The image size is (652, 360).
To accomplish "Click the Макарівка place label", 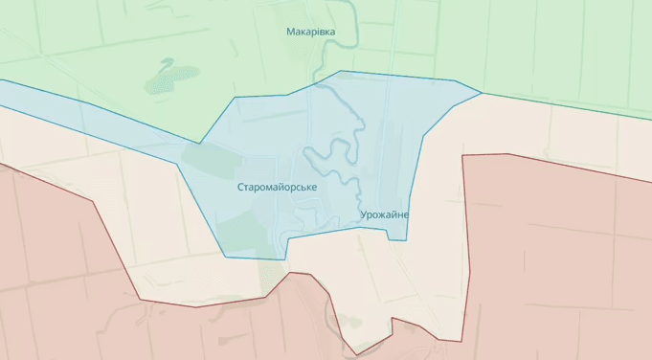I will [x=311, y=32].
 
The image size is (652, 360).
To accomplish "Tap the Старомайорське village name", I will [x=278, y=188].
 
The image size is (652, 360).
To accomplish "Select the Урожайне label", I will [x=386, y=214].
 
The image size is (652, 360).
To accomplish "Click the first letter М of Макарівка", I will [x=290, y=32].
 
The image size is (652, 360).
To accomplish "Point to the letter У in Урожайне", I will [x=366, y=214].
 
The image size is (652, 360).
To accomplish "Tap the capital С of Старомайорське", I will [x=241, y=188].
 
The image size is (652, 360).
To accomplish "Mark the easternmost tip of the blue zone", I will [x=482, y=93].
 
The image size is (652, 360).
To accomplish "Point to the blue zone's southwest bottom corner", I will [x=227, y=257].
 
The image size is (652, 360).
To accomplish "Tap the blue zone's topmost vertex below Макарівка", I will [x=341, y=71].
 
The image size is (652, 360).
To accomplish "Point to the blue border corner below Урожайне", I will [x=406, y=239].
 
